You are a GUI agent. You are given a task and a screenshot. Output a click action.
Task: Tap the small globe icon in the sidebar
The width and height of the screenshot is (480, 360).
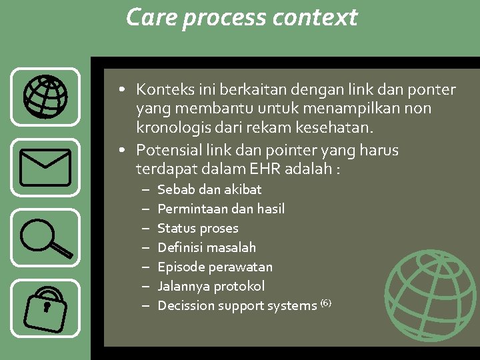(x=45, y=97)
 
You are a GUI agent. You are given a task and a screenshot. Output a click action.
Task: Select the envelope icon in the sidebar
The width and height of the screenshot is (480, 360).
(x=45, y=167)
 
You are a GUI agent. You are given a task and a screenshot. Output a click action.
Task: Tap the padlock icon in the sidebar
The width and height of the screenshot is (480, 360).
(x=45, y=309)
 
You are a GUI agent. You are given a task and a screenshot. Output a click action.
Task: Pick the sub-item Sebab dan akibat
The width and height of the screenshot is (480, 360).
(x=209, y=189)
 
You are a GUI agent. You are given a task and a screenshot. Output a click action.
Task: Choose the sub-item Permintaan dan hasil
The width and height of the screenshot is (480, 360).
(x=221, y=209)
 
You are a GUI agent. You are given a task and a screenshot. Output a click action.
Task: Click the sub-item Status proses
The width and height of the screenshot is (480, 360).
(x=197, y=228)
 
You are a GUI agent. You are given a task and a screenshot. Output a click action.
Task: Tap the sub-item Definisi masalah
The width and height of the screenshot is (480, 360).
(x=207, y=247)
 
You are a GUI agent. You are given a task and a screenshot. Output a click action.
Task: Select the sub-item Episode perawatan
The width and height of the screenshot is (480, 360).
(x=215, y=267)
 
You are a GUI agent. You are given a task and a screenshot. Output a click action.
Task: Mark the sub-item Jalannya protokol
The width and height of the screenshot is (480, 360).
(x=211, y=286)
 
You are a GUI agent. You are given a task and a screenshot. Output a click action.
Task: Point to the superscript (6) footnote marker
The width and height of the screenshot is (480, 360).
(x=325, y=303)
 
